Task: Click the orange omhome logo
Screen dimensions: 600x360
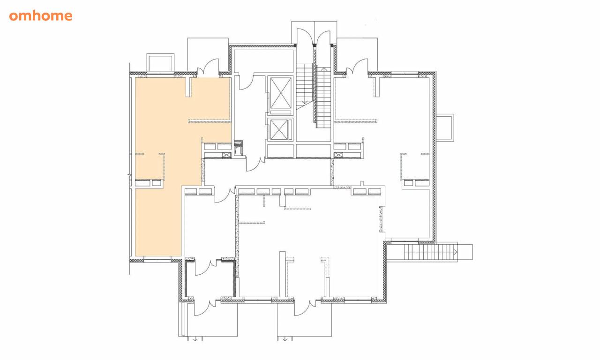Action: pyautogui.click(x=41, y=16)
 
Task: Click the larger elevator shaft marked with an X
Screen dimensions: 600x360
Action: pyautogui.click(x=280, y=92)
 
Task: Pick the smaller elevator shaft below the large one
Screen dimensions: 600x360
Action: pyautogui.click(x=279, y=130)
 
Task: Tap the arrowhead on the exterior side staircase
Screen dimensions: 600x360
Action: pyautogui.click(x=455, y=252)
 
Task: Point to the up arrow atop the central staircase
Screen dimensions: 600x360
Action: pyautogui.click(x=324, y=69)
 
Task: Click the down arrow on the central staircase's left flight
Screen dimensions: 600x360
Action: pyautogui.click(x=304, y=102)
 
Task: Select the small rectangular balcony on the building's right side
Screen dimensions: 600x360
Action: pyautogui.click(x=445, y=127)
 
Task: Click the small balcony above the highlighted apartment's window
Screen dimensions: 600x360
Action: pyautogui.click(x=160, y=63)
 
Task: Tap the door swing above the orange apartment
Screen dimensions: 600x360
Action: pyautogui.click(x=208, y=67)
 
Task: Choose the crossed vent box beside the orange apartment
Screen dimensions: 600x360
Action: pyautogui.click(x=226, y=155)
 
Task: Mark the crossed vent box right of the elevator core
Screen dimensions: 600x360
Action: pyautogui.click(x=338, y=155)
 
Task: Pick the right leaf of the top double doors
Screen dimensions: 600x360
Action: pyautogui.click(x=323, y=37)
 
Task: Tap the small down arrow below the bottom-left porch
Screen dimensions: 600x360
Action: pyautogui.click(x=195, y=339)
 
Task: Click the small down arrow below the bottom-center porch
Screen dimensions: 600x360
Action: pyautogui.click(x=285, y=339)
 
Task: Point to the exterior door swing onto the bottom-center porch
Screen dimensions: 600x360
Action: pyautogui.click(x=305, y=308)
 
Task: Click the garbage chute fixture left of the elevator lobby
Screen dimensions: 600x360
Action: pyautogui.click(x=238, y=148)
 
